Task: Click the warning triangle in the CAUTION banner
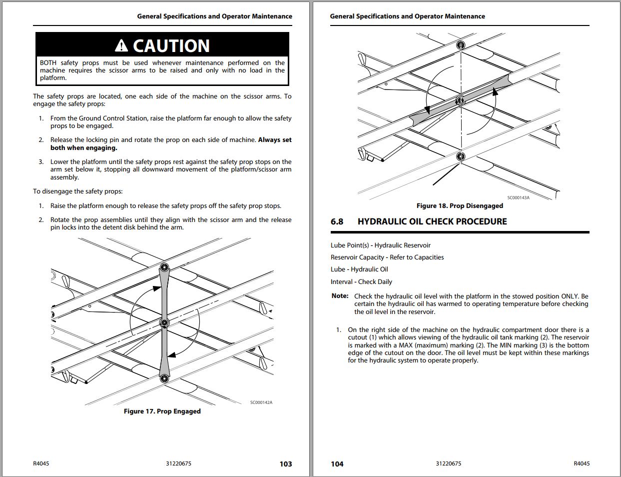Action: click(x=121, y=46)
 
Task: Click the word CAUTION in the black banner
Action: click(x=171, y=46)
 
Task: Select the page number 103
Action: click(x=285, y=464)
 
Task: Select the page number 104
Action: click(x=337, y=464)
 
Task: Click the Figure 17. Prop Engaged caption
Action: click(x=162, y=411)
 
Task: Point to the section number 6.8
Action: click(x=337, y=221)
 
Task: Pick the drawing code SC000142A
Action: click(x=261, y=402)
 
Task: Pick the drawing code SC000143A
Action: click(x=518, y=197)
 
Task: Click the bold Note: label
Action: click(x=340, y=296)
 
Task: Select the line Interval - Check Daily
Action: click(x=361, y=281)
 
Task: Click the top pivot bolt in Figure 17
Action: click(x=164, y=267)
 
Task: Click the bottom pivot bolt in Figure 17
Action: click(x=164, y=378)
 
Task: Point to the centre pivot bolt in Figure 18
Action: click(x=460, y=101)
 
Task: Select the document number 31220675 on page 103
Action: click(x=178, y=463)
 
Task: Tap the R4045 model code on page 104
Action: click(x=582, y=463)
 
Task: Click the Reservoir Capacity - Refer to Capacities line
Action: click(x=387, y=257)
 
